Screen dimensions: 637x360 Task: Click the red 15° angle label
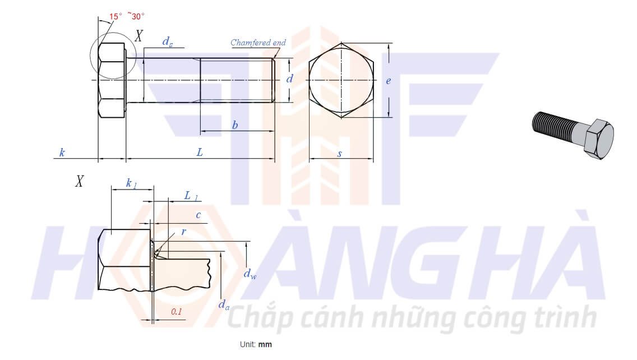[116, 17]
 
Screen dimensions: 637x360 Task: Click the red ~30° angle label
[136, 16]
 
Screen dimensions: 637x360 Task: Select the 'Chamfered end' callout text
[258, 43]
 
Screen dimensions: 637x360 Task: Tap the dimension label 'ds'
[167, 42]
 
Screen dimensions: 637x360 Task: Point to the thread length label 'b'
[235, 125]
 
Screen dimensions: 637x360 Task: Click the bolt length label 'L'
[200, 153]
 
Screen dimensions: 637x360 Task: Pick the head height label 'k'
[62, 153]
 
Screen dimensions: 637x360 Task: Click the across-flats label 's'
[340, 154]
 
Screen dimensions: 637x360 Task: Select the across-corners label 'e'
[389, 81]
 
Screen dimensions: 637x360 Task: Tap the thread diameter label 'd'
[289, 79]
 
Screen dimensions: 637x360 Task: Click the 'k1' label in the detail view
[131, 184]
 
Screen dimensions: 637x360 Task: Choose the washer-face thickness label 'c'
[199, 215]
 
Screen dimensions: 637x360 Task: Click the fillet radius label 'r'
[183, 232]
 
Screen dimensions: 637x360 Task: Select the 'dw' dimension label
[250, 274]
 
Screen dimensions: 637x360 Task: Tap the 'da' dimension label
[223, 304]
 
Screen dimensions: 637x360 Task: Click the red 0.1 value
[176, 312]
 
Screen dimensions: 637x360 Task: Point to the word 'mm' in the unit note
[265, 344]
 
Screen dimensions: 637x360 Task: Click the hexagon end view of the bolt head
[341, 80]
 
